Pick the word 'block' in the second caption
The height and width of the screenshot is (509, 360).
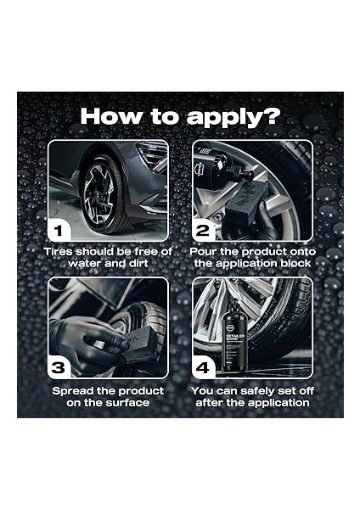click(290, 264)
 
